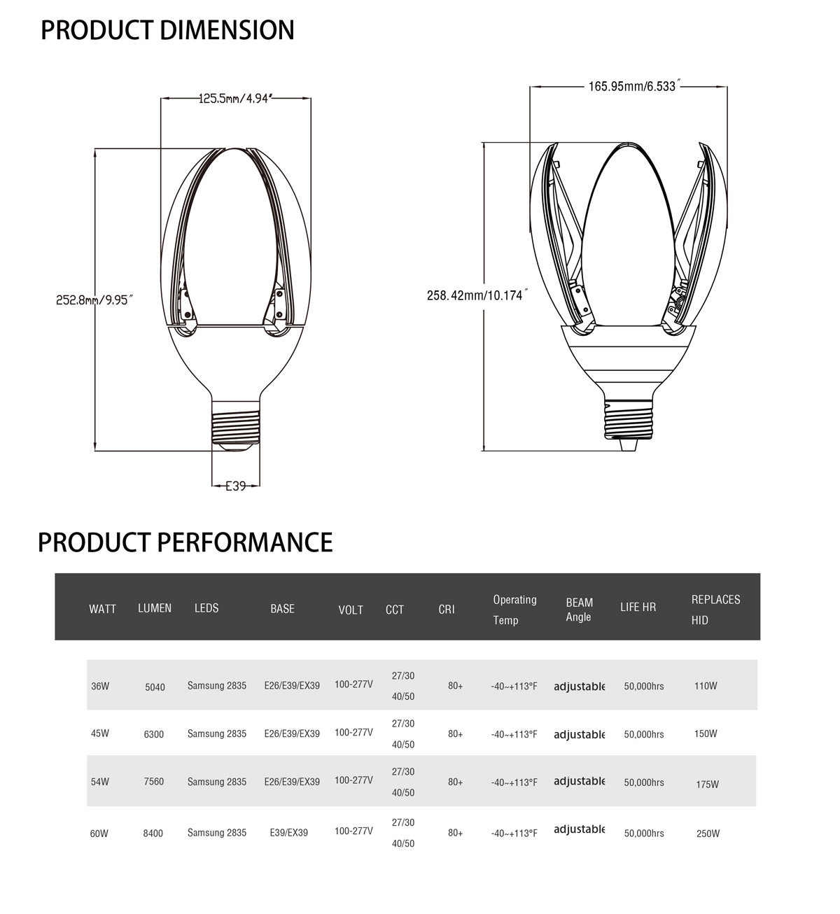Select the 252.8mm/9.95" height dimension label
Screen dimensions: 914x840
click(x=94, y=300)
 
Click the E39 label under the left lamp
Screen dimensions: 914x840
click(x=235, y=485)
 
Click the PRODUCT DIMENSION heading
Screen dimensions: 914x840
click(x=167, y=31)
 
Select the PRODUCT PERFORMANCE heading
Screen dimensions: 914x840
click(x=185, y=542)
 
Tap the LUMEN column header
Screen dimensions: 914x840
click(x=155, y=608)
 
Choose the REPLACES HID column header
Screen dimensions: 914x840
click(x=715, y=610)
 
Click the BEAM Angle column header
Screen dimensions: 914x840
click(x=579, y=610)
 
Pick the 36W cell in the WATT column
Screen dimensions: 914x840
click(x=100, y=686)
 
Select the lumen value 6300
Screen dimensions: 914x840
click(x=153, y=734)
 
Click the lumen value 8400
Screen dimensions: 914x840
click(x=153, y=834)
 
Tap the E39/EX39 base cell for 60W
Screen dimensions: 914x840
click(x=288, y=833)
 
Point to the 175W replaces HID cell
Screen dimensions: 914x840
click(x=707, y=785)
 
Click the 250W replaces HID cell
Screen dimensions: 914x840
click(x=708, y=834)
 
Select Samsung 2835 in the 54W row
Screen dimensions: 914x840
click(x=217, y=782)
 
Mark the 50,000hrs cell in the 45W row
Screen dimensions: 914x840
click(x=644, y=734)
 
